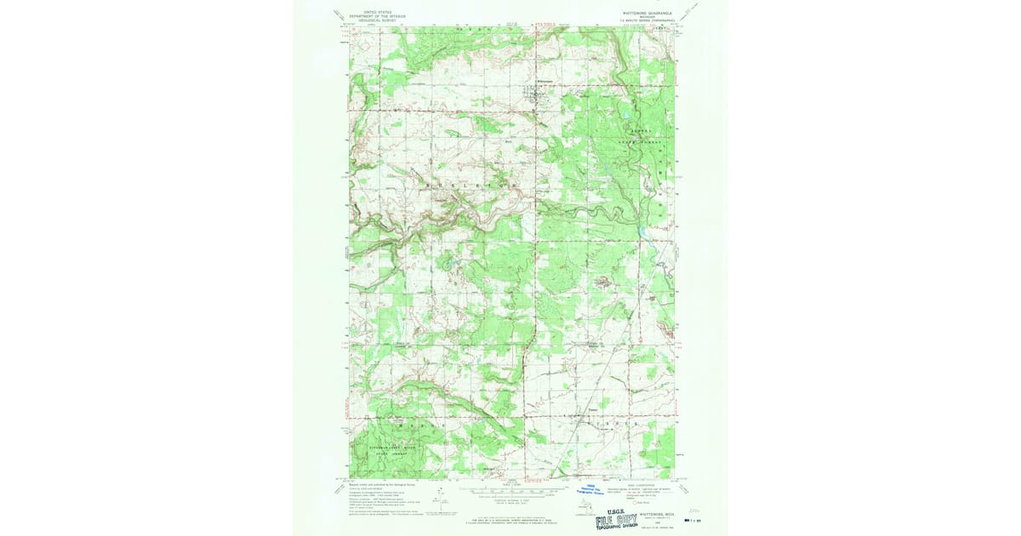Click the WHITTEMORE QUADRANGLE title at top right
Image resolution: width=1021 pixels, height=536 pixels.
point(641,13)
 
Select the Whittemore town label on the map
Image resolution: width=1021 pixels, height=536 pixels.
point(545,82)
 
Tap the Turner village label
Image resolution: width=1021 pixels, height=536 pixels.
point(594,408)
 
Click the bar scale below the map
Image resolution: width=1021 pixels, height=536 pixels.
point(510,492)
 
